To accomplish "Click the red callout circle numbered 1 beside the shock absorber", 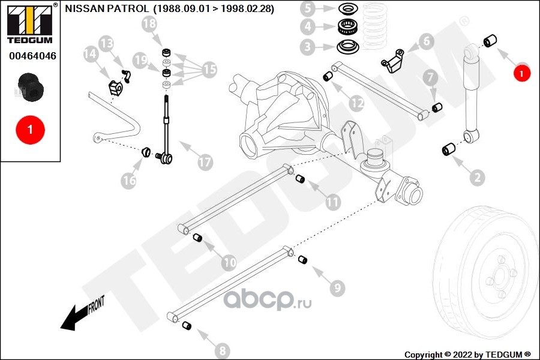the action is point(521,73).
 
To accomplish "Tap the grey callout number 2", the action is point(478,178).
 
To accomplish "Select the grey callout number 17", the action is point(205,161).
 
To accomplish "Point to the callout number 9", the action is point(337,287).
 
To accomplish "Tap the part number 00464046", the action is point(32,55).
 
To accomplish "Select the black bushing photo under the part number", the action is point(31,87).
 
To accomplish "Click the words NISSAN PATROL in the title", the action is point(107,8).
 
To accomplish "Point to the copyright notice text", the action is point(467,355).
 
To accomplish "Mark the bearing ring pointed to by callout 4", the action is point(349,26).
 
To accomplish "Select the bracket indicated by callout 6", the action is point(393,61).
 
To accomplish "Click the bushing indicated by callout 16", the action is point(146,152).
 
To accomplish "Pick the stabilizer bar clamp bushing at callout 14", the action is point(116,88).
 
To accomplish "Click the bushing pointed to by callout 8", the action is point(187,325).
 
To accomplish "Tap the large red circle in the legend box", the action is point(31,130).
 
